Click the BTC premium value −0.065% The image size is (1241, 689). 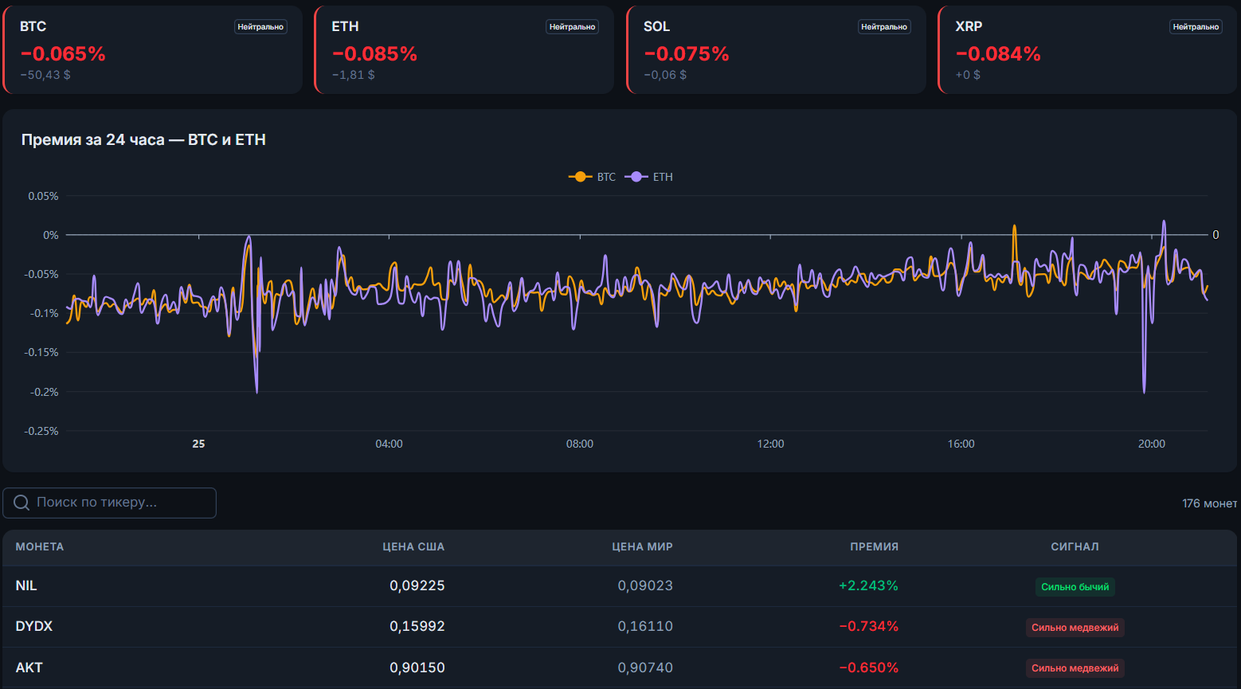[x=63, y=53]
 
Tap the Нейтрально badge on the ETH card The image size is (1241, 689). [x=572, y=26]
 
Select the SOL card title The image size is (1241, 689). [x=656, y=26]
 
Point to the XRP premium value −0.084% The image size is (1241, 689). [x=998, y=53]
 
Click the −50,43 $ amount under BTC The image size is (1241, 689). [x=45, y=75]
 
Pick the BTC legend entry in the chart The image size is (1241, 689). [x=592, y=177]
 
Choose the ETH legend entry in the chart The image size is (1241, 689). [x=648, y=177]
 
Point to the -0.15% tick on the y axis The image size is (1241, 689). [x=41, y=352]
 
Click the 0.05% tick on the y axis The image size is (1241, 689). [x=43, y=196]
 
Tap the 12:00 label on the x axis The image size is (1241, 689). [x=770, y=444]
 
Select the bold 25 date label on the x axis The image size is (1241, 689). [x=198, y=444]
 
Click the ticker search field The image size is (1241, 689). [x=109, y=503]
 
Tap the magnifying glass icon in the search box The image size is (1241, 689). [x=22, y=503]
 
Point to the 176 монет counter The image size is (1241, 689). [x=1209, y=503]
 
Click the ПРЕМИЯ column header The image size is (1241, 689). [x=875, y=546]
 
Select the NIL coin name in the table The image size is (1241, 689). [x=26, y=585]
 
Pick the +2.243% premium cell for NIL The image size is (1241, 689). [x=868, y=585]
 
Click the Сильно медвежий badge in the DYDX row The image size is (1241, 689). [x=1075, y=628]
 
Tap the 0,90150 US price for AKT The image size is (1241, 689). [x=417, y=667]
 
